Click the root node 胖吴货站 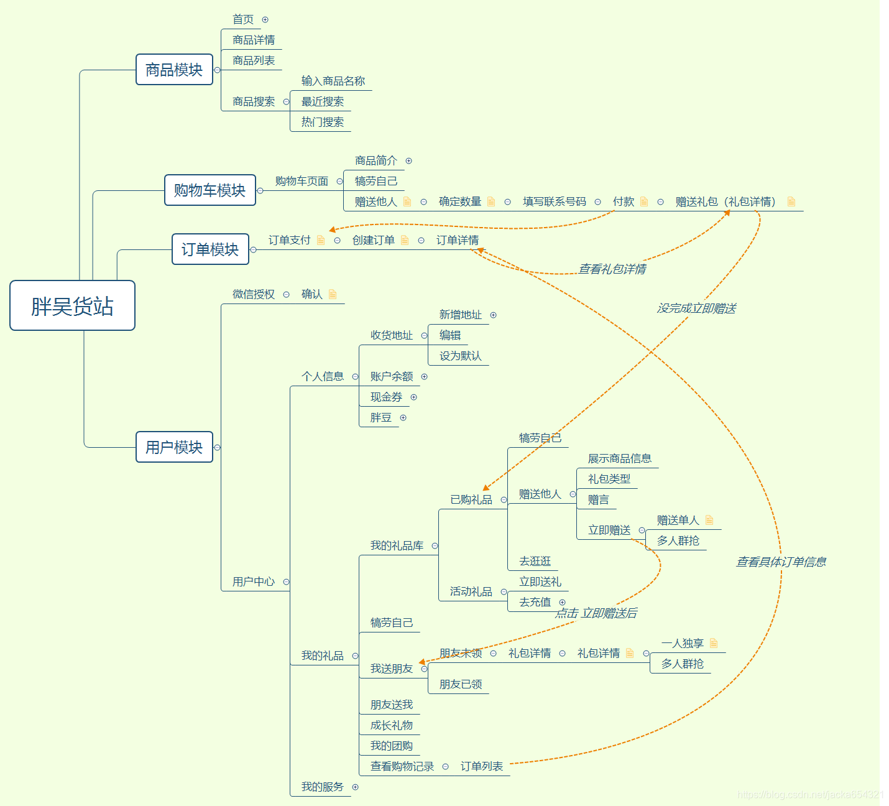click(72, 305)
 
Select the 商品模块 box click(174, 70)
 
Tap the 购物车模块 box click(210, 190)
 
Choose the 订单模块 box click(210, 249)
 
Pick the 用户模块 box click(174, 447)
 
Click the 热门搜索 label click(323, 122)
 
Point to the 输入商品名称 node click(333, 81)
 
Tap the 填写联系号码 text click(555, 201)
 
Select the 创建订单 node click(374, 240)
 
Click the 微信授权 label click(254, 294)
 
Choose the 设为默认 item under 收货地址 click(461, 356)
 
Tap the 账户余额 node click(392, 376)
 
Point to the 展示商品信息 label click(620, 458)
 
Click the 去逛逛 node click(535, 561)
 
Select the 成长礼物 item click(392, 725)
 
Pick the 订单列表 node click(482, 766)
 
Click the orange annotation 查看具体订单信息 click(781, 562)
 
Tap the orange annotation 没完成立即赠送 click(696, 308)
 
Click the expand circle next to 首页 click(265, 20)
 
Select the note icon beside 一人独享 click(714, 643)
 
